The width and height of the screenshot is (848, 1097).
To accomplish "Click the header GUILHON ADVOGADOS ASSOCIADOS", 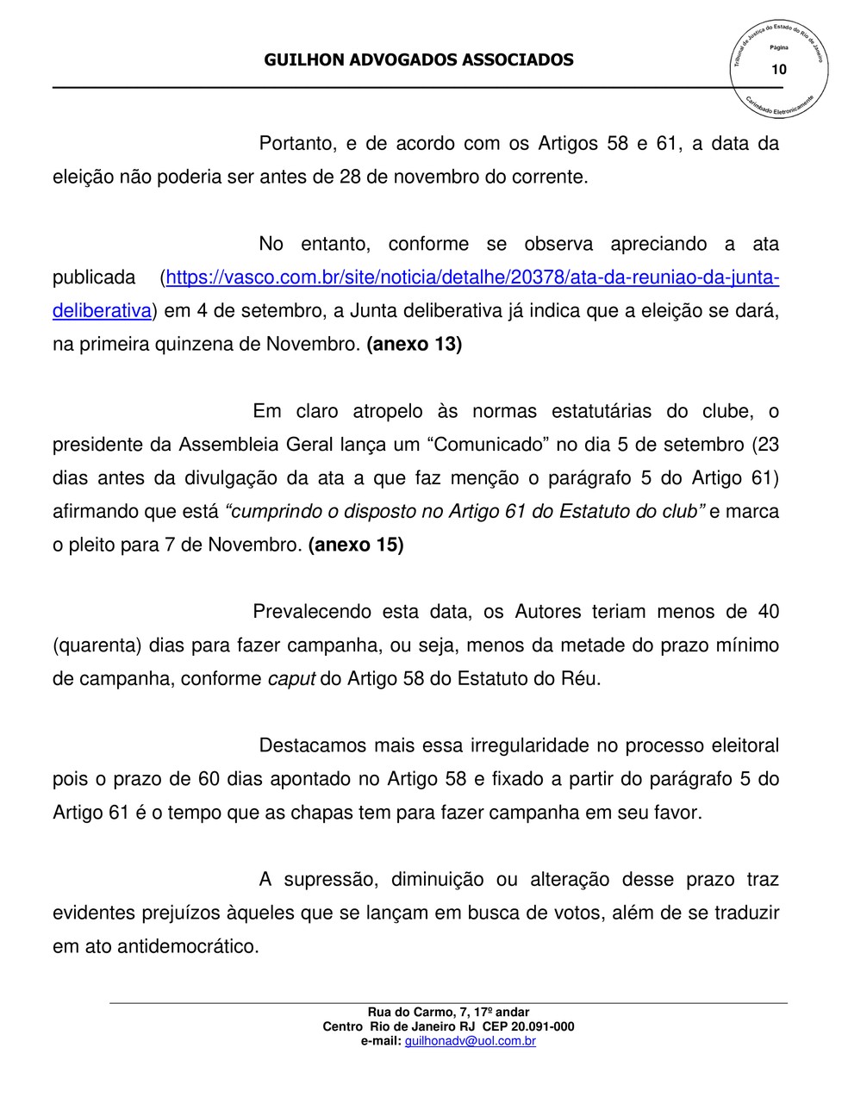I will [x=418, y=59].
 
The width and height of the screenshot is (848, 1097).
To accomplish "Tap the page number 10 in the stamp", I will [x=779, y=69].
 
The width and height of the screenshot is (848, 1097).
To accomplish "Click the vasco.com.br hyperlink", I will [x=472, y=277].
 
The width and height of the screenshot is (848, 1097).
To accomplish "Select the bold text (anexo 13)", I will [x=415, y=345].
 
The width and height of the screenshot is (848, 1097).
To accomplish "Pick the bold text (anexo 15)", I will [x=355, y=545].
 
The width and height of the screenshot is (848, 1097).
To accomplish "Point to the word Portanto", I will [x=296, y=144].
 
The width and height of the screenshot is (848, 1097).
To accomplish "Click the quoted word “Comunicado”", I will [x=489, y=445].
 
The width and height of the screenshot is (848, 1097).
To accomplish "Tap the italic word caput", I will [x=291, y=679].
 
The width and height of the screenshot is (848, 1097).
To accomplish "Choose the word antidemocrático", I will [x=188, y=946].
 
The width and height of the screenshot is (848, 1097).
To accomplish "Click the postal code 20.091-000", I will [x=542, y=1026].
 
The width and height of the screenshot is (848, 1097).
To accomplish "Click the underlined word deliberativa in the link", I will [x=102, y=311].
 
